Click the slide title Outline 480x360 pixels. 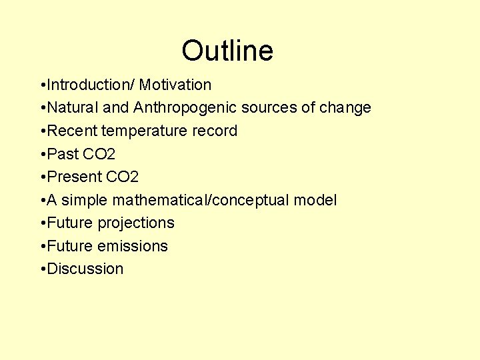[227, 51]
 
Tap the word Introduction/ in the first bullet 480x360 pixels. [90, 85]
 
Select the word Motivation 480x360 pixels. [175, 85]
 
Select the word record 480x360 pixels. [215, 131]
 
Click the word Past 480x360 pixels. [63, 155]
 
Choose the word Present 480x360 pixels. [75, 177]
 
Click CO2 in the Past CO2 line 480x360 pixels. [99, 155]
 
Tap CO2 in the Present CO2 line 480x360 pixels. [122, 177]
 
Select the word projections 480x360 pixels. [136, 223]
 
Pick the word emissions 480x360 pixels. [133, 246]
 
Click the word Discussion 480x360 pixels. [85, 269]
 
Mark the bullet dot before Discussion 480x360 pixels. [43, 269]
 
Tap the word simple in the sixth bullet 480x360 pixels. [85, 200]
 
